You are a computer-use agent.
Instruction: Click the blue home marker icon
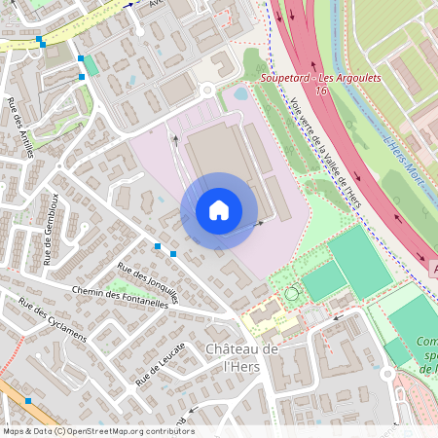coord(218,210)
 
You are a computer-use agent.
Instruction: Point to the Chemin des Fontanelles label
coord(120,296)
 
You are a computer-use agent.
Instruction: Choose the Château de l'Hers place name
coord(242,357)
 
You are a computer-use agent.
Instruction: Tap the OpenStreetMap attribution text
coord(97,430)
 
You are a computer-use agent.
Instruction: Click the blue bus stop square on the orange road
coord(28,401)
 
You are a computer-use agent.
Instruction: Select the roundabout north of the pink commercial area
coord(205,91)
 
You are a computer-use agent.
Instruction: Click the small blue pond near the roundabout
coord(240,94)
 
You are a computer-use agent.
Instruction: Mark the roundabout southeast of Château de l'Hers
coord(388,374)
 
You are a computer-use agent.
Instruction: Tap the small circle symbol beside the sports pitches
coord(289,293)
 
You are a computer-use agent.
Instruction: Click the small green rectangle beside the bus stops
coord(91,65)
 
